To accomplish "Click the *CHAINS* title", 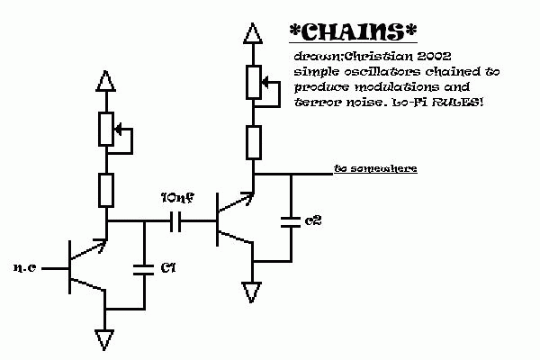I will click(354, 32).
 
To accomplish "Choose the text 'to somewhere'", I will click(374, 168).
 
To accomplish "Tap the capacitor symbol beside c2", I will click(290, 220).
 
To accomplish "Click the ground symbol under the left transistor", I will click(106, 340).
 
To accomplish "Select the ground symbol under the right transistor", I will click(253, 292).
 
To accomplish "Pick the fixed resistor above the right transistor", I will click(254, 142).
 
